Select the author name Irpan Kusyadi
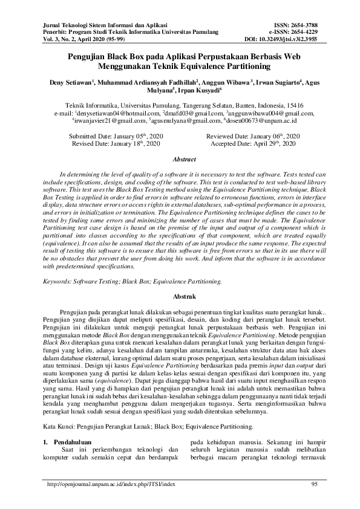click(x=201, y=90)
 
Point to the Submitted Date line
click(x=117, y=137)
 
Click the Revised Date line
click(x=116, y=145)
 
